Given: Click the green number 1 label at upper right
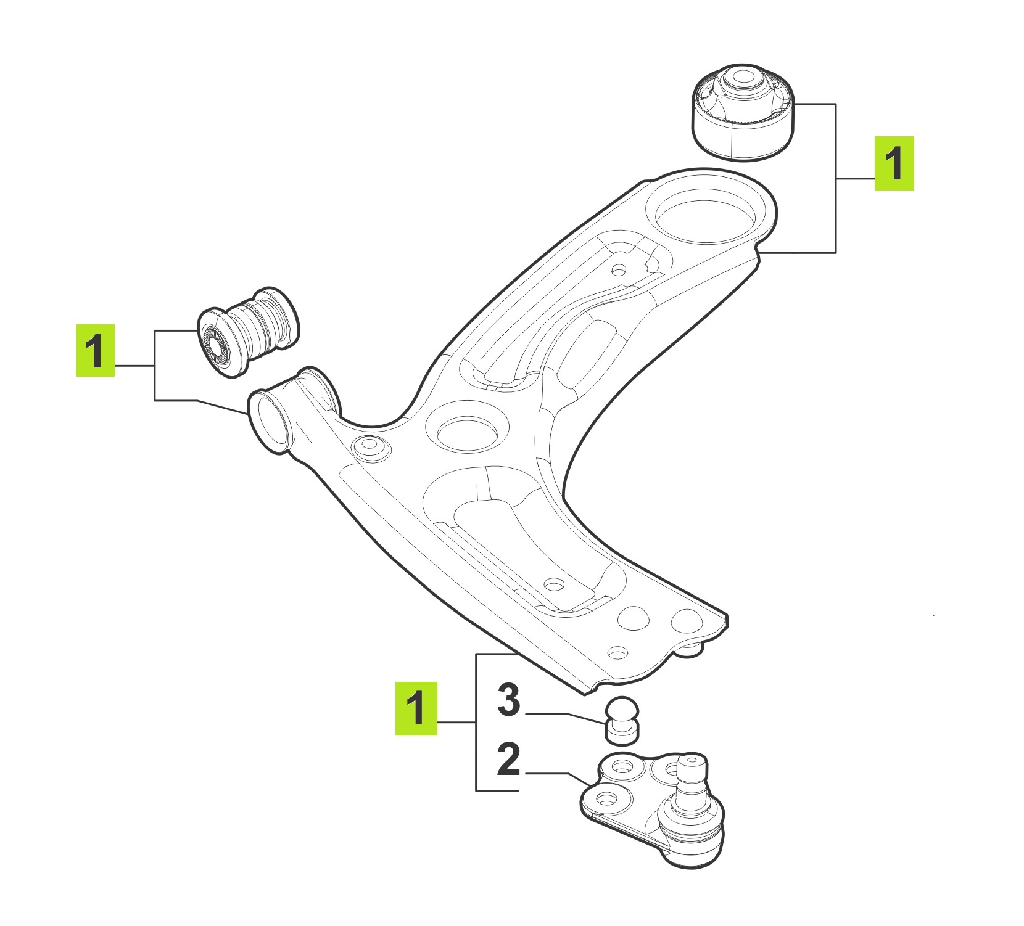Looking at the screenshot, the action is coord(894,163).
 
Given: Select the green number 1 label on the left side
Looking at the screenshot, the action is coord(96,350).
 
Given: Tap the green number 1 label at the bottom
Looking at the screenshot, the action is coord(416,708).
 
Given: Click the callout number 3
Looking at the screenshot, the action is coord(509,701).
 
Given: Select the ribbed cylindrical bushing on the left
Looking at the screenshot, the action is coord(250,332).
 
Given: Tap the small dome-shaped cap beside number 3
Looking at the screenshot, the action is coord(621,720).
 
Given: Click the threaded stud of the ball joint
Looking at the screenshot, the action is coord(691,776).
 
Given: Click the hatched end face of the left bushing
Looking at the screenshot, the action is coord(215,345).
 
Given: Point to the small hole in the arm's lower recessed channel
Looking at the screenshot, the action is coord(554,584).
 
